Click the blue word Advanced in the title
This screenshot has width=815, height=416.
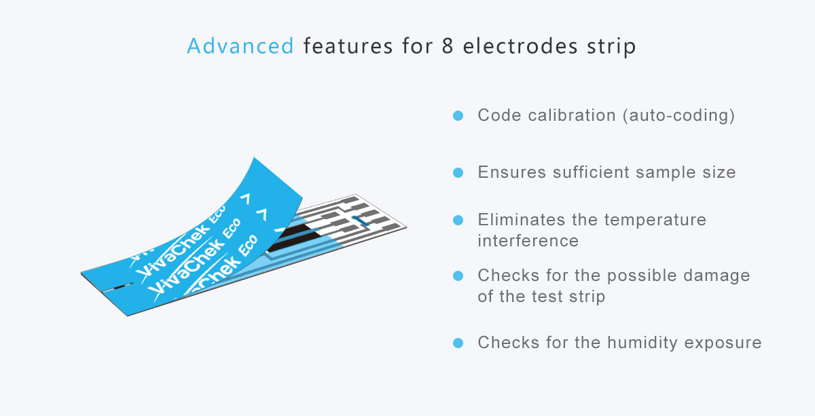[x=240, y=46]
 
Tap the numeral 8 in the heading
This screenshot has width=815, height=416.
[x=448, y=46]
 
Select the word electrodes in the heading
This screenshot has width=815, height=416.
[x=520, y=46]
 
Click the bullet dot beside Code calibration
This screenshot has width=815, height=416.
[x=458, y=115]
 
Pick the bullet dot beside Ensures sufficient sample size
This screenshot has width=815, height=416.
[x=458, y=172]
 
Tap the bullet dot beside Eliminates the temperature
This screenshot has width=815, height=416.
[x=458, y=220]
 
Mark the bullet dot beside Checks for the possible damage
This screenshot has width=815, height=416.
[x=458, y=276]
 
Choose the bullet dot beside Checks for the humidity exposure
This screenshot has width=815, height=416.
[x=458, y=343]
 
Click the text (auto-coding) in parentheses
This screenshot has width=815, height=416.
[x=679, y=115]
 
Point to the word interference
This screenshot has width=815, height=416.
[x=528, y=241]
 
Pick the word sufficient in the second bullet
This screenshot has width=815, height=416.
[x=591, y=172]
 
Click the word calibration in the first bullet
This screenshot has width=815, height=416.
[x=572, y=115]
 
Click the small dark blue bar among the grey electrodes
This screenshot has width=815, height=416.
[x=361, y=221]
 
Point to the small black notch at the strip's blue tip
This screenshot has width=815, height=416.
[x=120, y=288]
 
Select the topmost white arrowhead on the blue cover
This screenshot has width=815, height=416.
[x=247, y=199]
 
